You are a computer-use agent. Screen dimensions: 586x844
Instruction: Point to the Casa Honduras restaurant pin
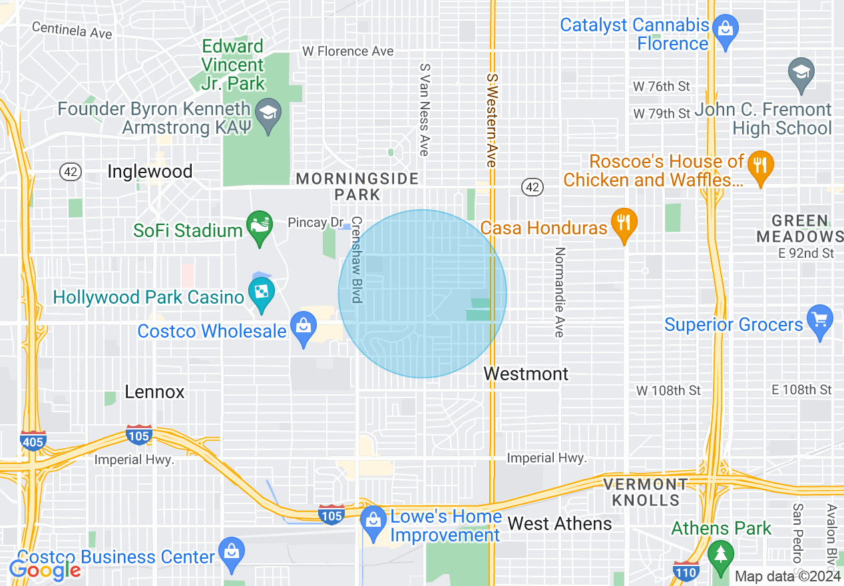[624, 224]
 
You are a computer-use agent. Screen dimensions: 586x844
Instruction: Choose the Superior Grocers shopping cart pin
[819, 320]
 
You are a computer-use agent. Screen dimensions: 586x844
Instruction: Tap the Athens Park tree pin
[720, 555]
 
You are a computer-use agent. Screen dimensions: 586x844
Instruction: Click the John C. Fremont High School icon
[801, 73]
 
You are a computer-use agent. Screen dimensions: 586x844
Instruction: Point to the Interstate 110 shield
[686, 571]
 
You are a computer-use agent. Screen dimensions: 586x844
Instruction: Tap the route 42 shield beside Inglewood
[70, 172]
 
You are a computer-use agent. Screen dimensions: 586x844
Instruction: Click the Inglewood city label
[150, 172]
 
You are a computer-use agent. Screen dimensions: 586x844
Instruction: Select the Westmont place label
[526, 374]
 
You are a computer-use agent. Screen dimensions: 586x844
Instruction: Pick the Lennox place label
[154, 392]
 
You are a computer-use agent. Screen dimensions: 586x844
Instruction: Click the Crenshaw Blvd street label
[357, 260]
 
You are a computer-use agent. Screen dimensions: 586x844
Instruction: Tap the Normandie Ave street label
[559, 292]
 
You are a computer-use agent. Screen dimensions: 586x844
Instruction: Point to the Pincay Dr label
[315, 222]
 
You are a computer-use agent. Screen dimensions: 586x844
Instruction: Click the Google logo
[45, 569]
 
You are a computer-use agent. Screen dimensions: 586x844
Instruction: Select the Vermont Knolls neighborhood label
[646, 492]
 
